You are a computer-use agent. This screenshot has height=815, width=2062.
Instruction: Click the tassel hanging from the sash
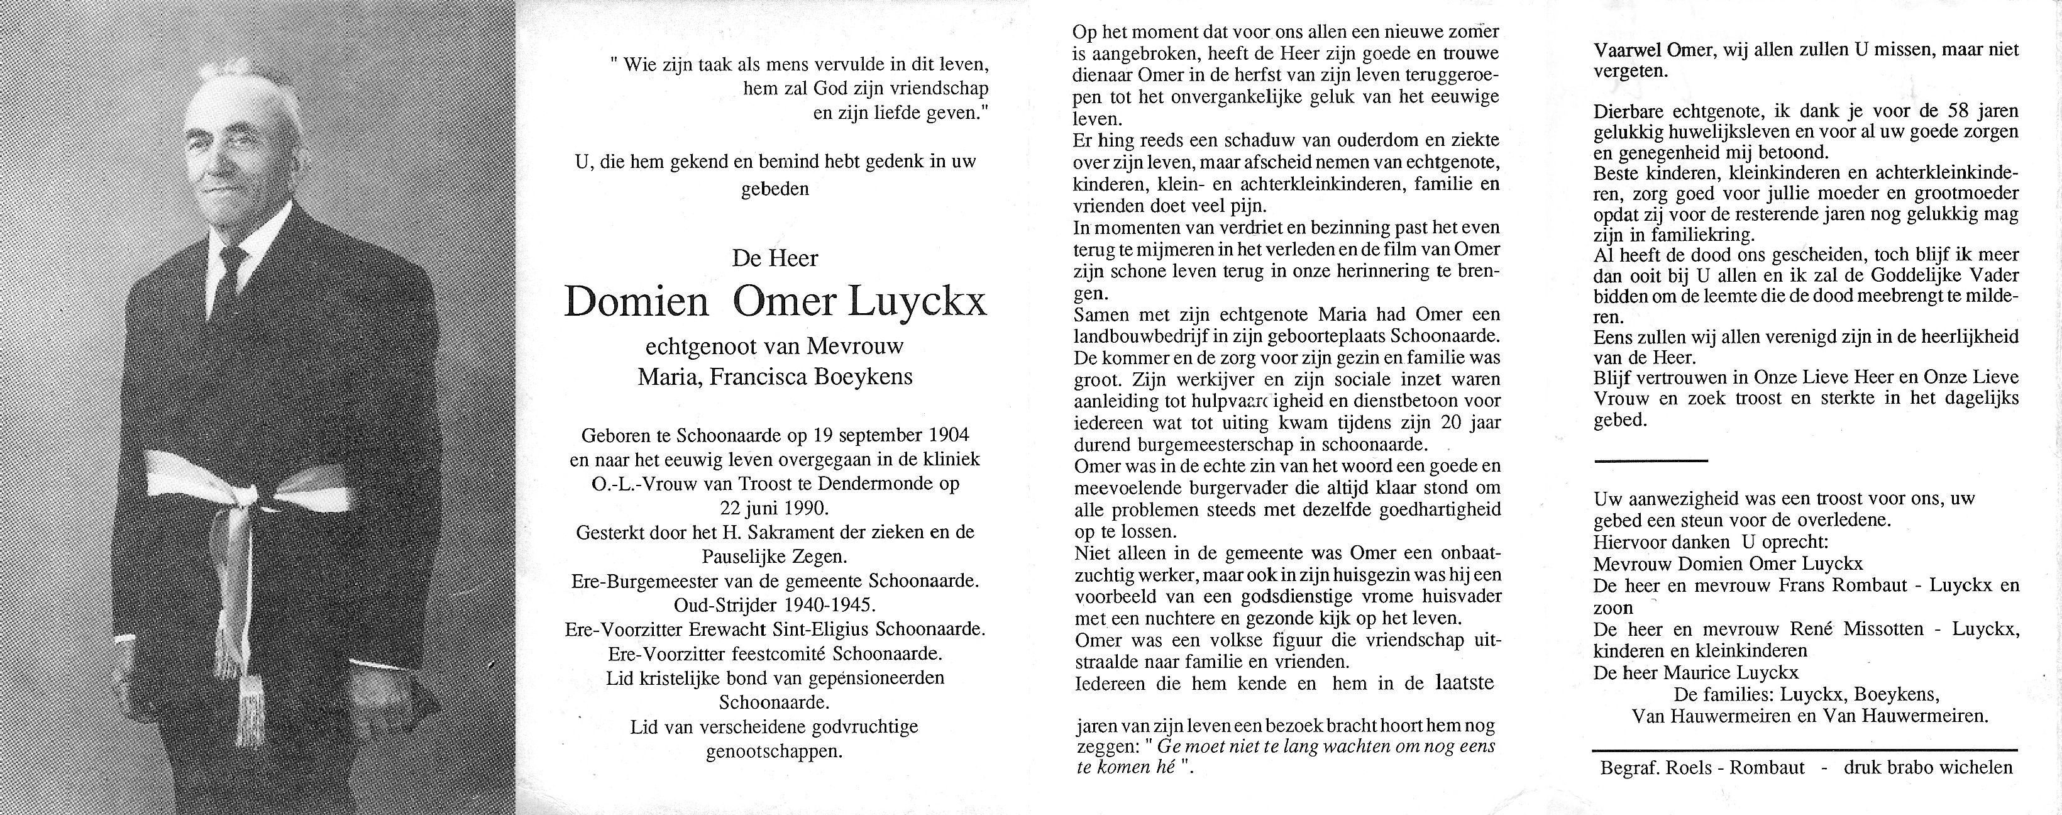(x=240, y=689)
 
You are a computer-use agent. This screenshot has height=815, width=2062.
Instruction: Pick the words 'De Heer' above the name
(x=775, y=258)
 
